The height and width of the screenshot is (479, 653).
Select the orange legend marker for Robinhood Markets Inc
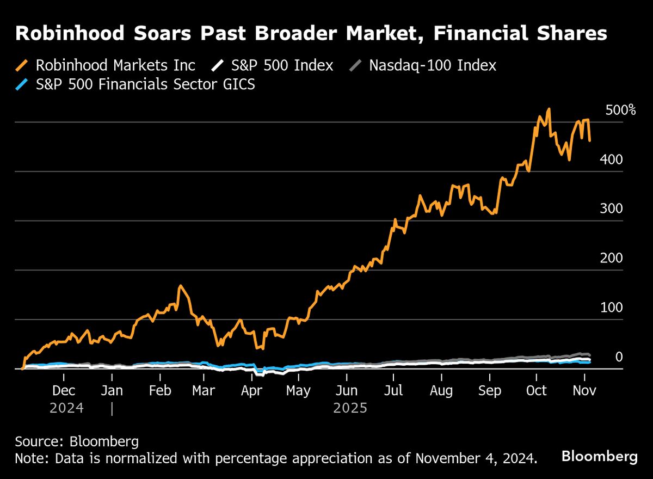[x=23, y=66]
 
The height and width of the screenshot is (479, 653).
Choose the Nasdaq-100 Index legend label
[x=433, y=66]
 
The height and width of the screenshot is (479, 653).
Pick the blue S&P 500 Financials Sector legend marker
[x=23, y=84]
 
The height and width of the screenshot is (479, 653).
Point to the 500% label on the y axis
[x=620, y=110]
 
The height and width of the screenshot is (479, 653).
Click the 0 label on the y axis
[x=619, y=357]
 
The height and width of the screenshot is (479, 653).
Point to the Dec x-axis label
[x=64, y=391]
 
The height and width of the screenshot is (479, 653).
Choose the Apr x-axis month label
[x=252, y=391]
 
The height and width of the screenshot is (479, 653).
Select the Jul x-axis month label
[x=393, y=391]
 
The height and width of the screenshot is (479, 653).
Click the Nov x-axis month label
[x=585, y=391]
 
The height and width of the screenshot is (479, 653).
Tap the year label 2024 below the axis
[x=66, y=408]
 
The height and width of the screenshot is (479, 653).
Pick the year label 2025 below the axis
[x=350, y=408]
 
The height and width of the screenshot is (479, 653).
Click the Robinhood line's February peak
[x=181, y=286]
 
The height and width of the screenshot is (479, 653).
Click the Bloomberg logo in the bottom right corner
[x=599, y=456]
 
